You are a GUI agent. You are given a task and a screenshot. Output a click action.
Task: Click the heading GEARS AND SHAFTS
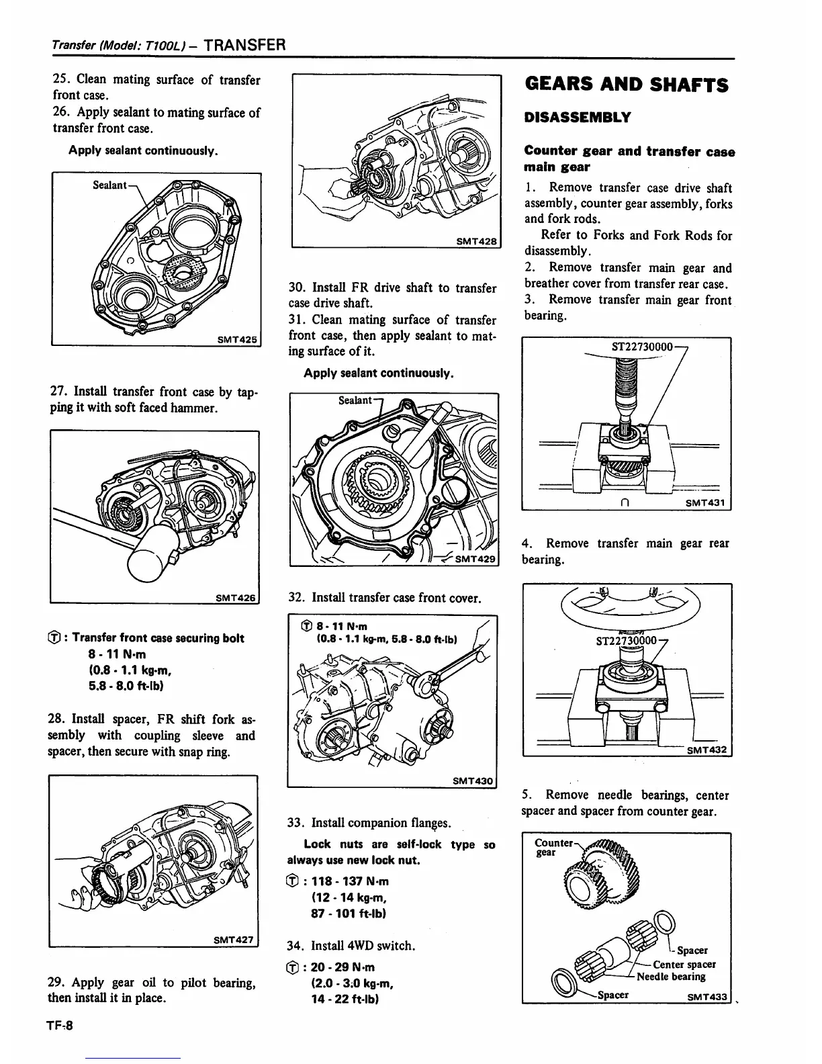point(626,85)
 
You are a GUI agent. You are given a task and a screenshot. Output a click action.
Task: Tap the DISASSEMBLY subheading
point(578,118)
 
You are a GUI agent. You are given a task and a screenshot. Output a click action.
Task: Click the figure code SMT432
point(708,750)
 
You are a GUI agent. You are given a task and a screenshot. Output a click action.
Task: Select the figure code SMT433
point(708,997)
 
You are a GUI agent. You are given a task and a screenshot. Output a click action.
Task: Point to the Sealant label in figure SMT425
point(110,184)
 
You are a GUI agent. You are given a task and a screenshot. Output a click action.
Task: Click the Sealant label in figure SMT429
point(355,400)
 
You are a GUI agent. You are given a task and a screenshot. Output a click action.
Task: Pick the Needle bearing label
point(671,977)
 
